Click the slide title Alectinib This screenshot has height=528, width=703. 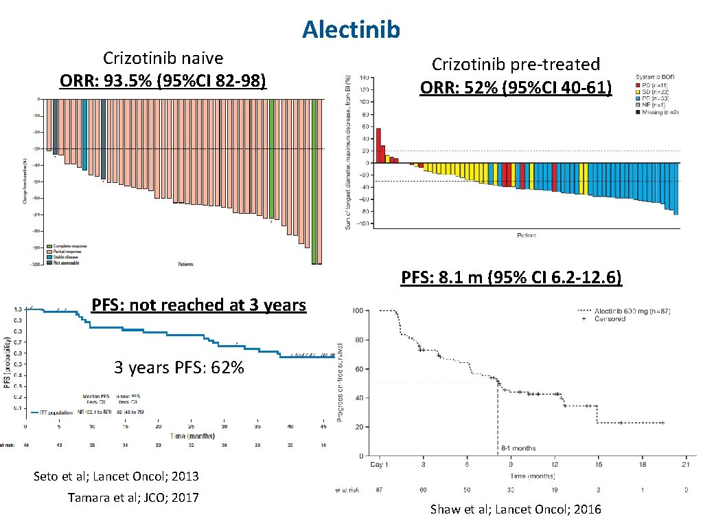[x=351, y=29]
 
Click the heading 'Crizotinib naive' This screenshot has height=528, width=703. [x=163, y=58]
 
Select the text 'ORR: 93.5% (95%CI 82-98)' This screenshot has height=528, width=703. [x=163, y=80]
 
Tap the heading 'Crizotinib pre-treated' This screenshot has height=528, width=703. [x=516, y=64]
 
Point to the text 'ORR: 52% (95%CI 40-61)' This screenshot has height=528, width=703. [x=516, y=87]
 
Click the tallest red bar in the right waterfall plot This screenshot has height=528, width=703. [x=378, y=145]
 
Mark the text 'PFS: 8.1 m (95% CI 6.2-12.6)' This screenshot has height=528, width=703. [x=511, y=278]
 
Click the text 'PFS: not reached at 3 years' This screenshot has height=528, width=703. [x=198, y=305]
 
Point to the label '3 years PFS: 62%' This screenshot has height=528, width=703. [x=178, y=368]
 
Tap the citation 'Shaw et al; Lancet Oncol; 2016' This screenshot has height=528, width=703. [x=515, y=509]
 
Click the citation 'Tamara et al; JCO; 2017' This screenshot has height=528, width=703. [x=133, y=497]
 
